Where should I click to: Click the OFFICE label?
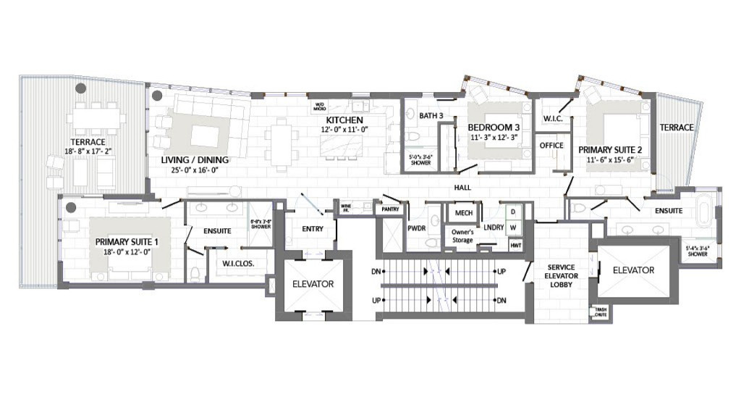[551, 145]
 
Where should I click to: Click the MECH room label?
[460, 213]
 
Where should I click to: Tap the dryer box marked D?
[513, 212]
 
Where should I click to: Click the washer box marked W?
[513, 228]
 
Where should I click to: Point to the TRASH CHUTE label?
[600, 313]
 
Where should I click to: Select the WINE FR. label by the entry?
[347, 208]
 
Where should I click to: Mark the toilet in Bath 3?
[412, 135]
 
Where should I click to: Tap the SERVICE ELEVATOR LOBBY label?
[561, 276]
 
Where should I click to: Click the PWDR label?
[416, 227]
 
